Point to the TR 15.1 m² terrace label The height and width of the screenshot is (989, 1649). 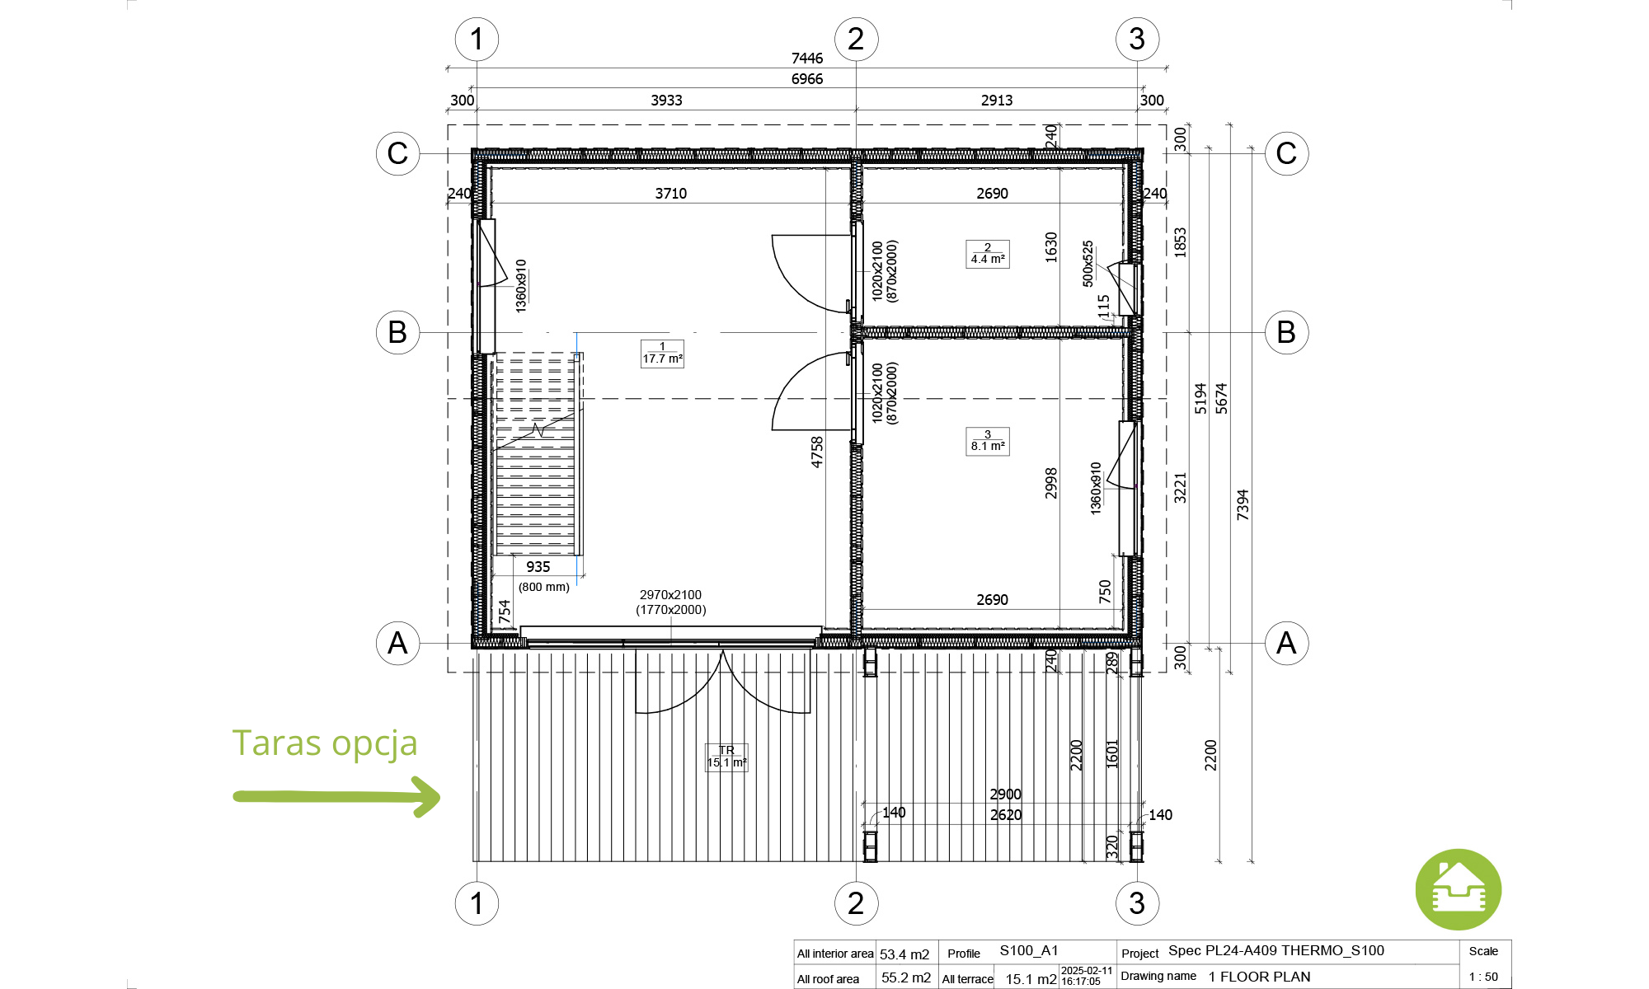[x=726, y=757]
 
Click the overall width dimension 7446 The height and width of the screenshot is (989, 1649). [x=807, y=59]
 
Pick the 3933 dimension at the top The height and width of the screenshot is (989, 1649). [x=666, y=101]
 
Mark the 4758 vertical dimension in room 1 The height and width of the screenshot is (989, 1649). [x=817, y=452]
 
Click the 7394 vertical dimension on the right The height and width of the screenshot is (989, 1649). [x=1243, y=505]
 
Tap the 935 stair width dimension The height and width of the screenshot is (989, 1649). [x=538, y=567]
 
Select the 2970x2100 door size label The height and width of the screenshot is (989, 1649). [x=670, y=595]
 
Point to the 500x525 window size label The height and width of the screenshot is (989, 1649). [x=1088, y=264]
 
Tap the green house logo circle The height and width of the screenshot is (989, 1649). [x=1458, y=890]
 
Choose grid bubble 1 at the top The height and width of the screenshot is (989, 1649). [x=477, y=39]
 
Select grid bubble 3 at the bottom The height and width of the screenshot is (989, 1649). [x=1137, y=903]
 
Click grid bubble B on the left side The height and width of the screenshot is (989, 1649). [x=397, y=332]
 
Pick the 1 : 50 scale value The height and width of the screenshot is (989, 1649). [x=1484, y=977]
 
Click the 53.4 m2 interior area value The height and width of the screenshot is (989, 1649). [x=904, y=954]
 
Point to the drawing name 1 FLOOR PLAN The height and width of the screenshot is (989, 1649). [x=1259, y=977]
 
